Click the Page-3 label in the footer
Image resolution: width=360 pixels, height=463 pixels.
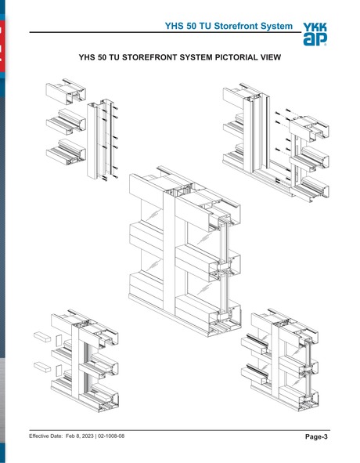315,436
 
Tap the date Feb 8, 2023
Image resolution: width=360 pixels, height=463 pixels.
77,436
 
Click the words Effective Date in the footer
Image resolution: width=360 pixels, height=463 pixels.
45,436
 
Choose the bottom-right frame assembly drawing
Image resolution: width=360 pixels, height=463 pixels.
286,353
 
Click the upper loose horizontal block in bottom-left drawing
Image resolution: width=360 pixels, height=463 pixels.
42,335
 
